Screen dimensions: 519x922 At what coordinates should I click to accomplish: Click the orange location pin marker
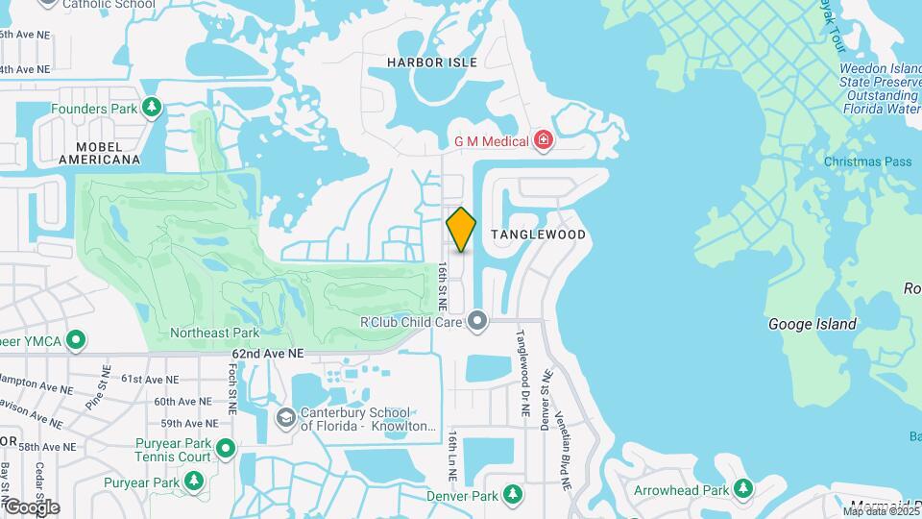click(x=462, y=229)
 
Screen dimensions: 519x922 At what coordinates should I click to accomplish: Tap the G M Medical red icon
click(x=545, y=141)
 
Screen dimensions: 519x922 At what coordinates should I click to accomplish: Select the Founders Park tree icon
click(x=151, y=108)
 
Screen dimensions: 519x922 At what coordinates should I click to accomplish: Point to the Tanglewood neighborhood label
click(x=538, y=235)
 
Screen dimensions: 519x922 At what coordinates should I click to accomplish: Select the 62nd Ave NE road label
click(x=267, y=354)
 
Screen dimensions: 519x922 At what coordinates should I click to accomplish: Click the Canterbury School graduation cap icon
click(x=285, y=417)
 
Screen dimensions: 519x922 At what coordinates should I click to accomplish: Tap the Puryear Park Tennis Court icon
click(x=226, y=449)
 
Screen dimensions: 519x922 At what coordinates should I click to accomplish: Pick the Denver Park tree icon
click(x=514, y=495)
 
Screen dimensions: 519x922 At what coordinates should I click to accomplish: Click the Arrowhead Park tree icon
click(x=743, y=489)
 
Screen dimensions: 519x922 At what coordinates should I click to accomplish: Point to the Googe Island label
click(x=812, y=324)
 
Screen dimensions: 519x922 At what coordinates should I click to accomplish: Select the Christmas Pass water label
click(x=867, y=161)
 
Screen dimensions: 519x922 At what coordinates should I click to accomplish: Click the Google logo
click(x=32, y=507)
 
